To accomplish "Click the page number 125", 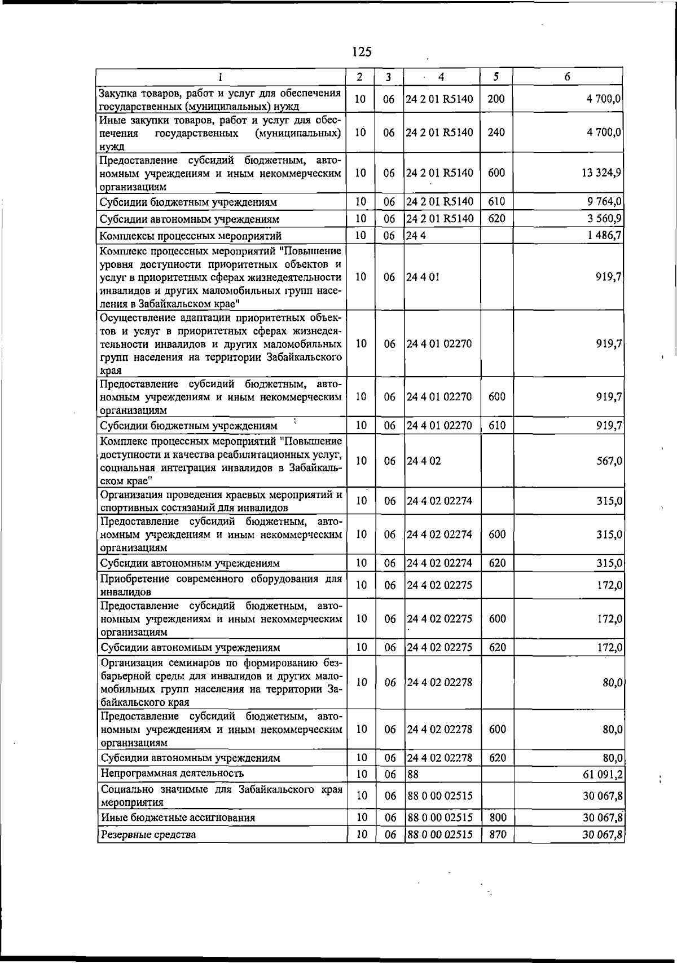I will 362,52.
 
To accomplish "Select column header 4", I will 441,77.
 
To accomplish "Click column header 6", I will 567,77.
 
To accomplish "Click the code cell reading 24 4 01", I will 423,277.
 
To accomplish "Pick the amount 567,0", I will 609,461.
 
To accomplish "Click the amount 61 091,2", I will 603,774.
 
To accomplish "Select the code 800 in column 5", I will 497,818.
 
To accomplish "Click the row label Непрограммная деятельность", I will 172,774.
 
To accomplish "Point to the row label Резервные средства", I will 148,835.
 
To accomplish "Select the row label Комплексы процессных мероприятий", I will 190,236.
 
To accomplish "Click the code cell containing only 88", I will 413,774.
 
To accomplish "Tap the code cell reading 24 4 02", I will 424,461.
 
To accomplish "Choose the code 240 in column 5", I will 496,132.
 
